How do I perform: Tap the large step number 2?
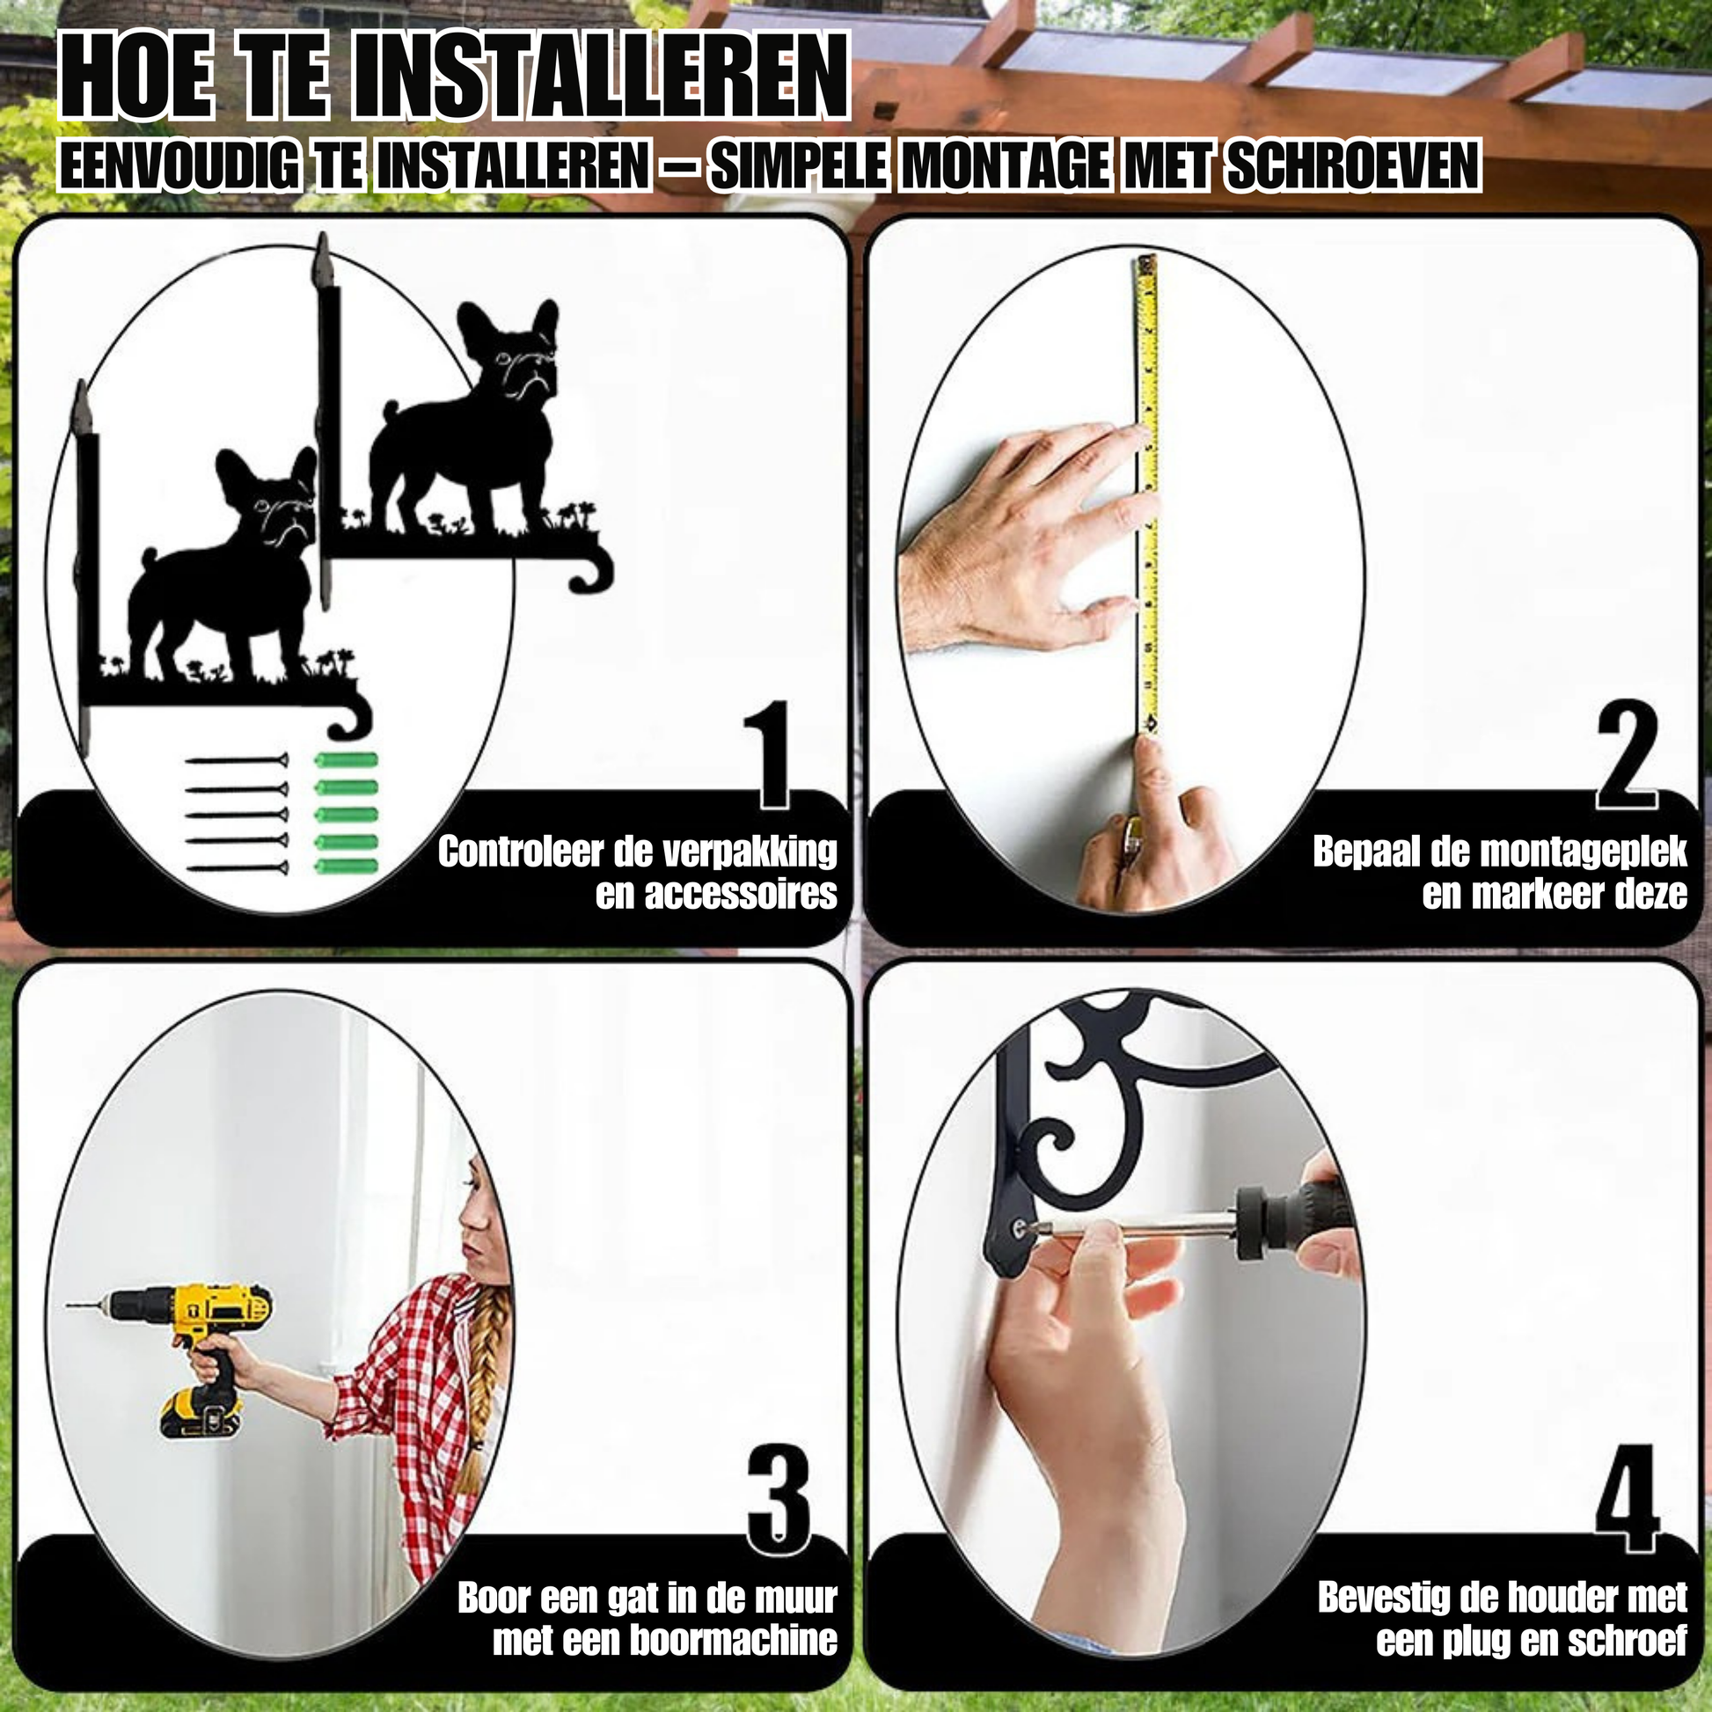pos(1627,755)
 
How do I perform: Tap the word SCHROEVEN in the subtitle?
pos(1353,165)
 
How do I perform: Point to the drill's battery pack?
pos(201,1416)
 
